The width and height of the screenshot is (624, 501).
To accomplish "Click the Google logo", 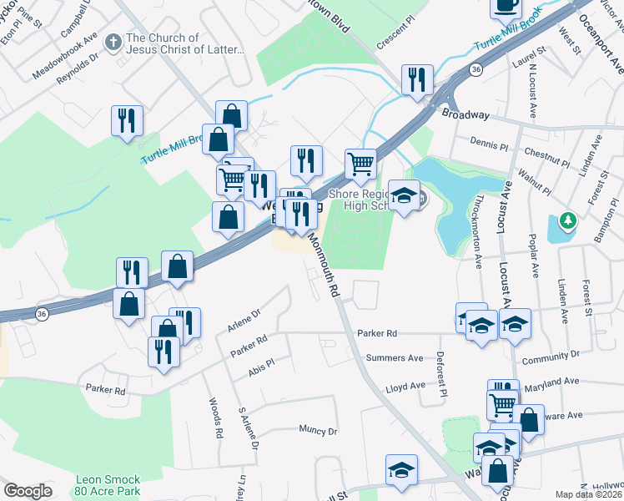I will tap(28, 491).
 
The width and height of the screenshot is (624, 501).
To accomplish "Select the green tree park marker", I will tap(568, 220).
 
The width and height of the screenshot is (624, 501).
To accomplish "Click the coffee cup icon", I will tap(506, 5).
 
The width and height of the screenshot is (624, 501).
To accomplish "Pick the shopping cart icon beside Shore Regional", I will tap(360, 164).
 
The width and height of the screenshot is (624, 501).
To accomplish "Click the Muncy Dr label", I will tap(318, 432).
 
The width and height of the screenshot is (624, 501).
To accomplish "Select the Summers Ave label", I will tap(395, 358).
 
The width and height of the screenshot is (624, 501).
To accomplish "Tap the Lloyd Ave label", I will tap(405, 388).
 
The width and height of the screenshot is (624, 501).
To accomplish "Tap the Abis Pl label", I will tap(261, 367).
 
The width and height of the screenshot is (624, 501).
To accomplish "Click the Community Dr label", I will tap(550, 358).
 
